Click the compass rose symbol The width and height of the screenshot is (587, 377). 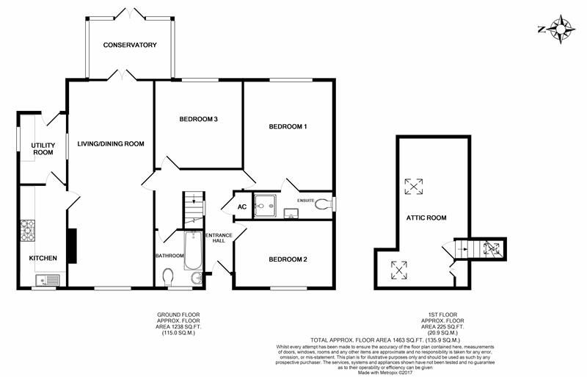click(562, 29)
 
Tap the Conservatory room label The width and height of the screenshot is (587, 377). click(130, 46)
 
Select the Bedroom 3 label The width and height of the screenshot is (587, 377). click(199, 119)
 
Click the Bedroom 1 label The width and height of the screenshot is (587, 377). click(288, 126)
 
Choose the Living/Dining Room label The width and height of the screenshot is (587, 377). click(111, 143)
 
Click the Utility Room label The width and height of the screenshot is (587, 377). click(43, 148)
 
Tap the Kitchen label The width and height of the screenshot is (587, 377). click(43, 258)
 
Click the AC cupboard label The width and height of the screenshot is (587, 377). click(241, 207)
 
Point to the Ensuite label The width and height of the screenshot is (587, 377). click(306, 200)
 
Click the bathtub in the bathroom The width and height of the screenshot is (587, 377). click(193, 248)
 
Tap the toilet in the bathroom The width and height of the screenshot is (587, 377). click(169, 277)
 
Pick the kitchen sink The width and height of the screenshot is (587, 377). click(47, 279)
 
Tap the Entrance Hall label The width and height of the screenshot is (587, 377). click(219, 237)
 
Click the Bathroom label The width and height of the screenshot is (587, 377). click(169, 256)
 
